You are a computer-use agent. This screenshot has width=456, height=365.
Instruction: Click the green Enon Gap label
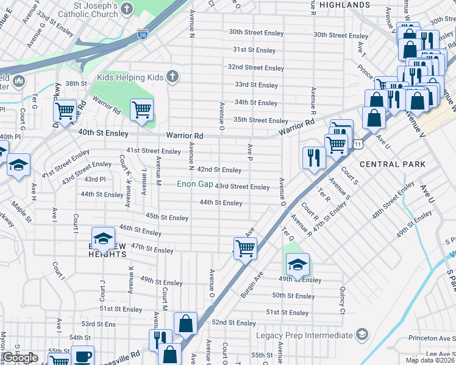coord(194,184)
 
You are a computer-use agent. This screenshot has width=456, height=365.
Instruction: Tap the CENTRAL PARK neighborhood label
coord(393,164)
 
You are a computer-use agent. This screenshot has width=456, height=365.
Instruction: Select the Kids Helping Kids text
coord(130,77)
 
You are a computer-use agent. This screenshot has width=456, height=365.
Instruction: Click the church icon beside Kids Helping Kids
coord(173,77)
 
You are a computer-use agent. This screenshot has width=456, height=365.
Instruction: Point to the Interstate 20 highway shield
coord(142,34)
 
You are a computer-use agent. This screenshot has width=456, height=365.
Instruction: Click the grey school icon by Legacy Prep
coord(362,335)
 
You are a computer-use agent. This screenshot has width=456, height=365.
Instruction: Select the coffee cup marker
coord(82,356)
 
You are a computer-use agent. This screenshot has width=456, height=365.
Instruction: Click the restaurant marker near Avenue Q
coord(314,158)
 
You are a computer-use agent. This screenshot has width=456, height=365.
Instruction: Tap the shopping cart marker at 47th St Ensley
coord(245,248)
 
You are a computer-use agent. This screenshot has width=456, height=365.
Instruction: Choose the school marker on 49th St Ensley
coord(297,265)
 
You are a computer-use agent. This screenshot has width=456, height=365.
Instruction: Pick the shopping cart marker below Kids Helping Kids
coord(141,110)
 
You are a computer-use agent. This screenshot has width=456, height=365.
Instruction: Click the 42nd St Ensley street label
coord(219,170)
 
